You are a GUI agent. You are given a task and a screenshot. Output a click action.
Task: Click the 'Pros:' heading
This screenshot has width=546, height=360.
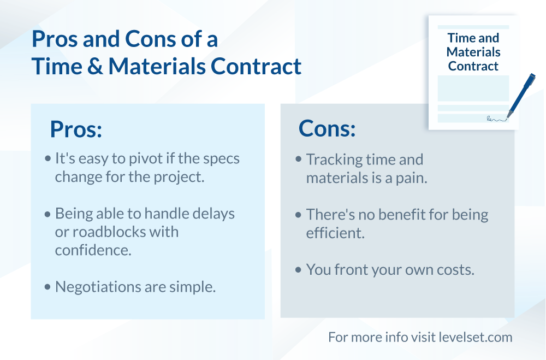tap(76, 129)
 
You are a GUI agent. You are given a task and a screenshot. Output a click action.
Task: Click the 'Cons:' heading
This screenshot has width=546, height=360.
tap(327, 128)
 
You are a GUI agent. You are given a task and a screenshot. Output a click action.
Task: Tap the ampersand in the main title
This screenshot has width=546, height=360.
tap(95, 66)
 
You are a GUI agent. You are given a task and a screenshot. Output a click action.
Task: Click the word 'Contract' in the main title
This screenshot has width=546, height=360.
tap(256, 66)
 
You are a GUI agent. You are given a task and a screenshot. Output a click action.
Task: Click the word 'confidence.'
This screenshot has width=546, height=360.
tap(93, 250)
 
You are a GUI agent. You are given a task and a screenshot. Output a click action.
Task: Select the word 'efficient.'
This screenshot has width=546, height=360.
tap(335, 233)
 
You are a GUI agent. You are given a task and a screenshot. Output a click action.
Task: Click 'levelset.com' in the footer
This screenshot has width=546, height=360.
tap(476, 338)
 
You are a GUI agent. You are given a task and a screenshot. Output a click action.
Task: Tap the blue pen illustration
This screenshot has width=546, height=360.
tap(521, 95)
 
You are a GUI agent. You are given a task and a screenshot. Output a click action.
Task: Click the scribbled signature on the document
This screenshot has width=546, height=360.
tap(496, 120)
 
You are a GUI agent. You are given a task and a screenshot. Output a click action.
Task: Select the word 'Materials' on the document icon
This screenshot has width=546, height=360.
tap(473, 52)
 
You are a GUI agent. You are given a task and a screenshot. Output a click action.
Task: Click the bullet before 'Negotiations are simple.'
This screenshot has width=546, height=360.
tap(48, 287)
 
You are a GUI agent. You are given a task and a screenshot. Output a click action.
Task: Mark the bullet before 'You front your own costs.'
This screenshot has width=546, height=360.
tap(298, 270)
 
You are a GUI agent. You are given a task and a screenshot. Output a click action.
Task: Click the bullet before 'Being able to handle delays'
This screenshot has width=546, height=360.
tap(48, 214)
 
